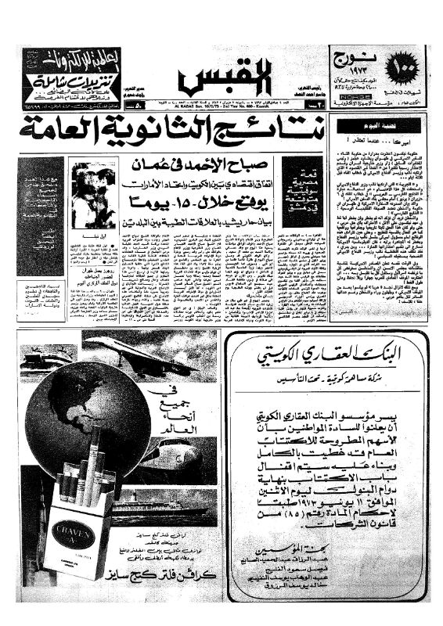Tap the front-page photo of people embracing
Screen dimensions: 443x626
pos(91,192)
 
